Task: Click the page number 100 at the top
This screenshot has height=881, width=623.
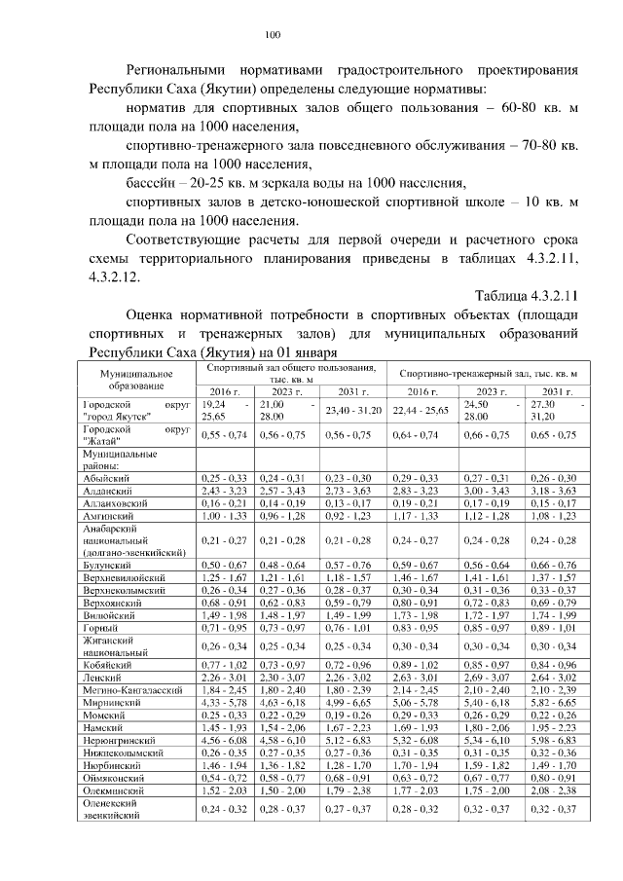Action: pyautogui.click(x=273, y=36)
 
